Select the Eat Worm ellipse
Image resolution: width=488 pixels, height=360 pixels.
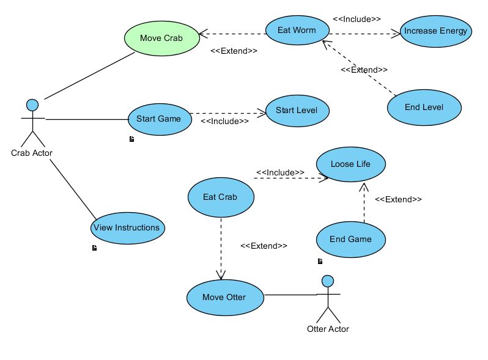click(297, 30)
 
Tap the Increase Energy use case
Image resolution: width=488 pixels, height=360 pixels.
click(435, 31)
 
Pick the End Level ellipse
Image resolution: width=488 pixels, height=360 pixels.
click(424, 107)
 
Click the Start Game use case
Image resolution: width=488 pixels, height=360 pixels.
click(158, 119)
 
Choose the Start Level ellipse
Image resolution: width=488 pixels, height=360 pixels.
click(297, 111)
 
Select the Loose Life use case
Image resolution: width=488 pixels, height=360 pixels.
click(350, 164)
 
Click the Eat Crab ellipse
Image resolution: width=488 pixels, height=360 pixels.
click(220, 197)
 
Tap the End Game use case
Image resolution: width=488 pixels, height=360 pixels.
click(350, 239)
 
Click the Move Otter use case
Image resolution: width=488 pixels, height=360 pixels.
click(224, 298)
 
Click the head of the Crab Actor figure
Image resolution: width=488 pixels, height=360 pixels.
click(32, 105)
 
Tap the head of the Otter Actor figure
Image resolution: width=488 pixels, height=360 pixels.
click(328, 281)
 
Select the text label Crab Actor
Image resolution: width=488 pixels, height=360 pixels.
click(32, 153)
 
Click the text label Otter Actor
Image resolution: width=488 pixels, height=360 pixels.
click(328, 329)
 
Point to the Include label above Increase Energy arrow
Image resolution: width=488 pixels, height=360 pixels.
click(357, 19)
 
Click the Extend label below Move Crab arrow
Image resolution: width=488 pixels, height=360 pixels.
click(234, 51)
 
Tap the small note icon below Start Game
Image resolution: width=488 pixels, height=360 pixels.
click(131, 139)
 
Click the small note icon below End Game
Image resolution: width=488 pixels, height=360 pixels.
click(320, 262)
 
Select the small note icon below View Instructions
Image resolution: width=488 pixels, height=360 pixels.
click(94, 248)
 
